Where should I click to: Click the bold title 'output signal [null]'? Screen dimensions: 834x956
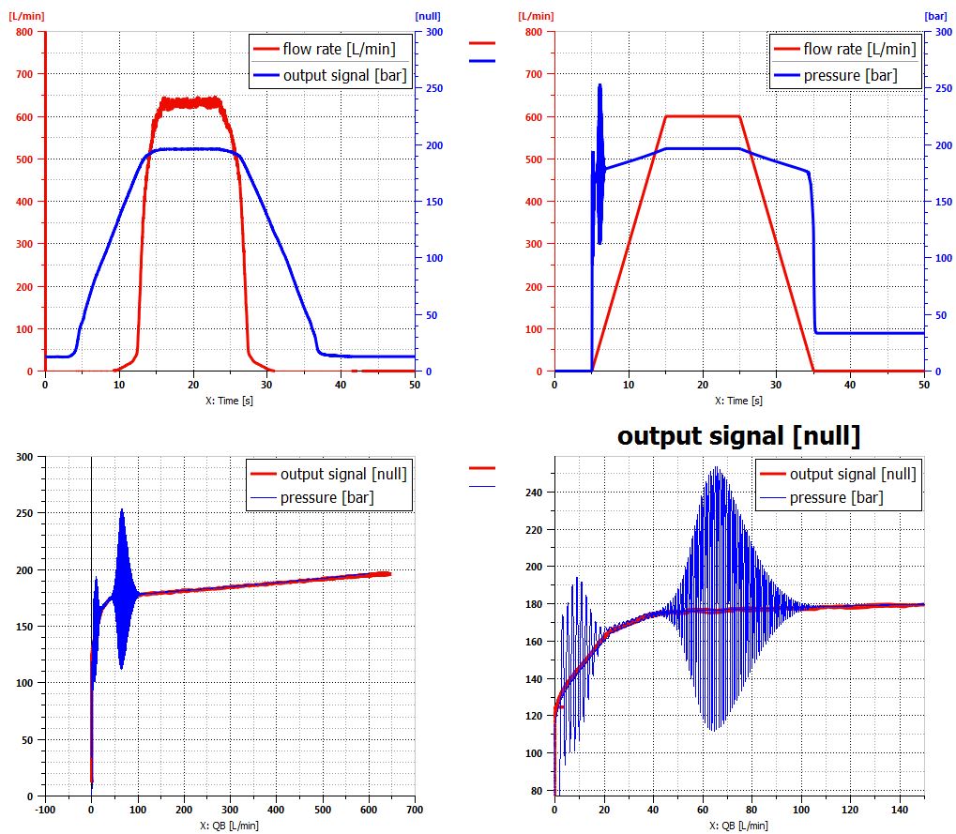739,436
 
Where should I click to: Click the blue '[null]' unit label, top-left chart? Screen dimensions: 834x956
428,16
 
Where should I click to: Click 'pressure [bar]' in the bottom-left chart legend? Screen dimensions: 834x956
326,496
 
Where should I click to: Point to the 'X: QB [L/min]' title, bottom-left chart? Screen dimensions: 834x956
229,826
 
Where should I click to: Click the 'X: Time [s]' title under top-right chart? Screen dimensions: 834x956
738,401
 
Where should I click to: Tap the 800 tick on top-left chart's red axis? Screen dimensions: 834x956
25,31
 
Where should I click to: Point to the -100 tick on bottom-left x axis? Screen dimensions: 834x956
45,809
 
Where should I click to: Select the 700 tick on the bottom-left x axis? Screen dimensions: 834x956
415,809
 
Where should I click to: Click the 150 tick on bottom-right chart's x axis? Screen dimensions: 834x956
922,809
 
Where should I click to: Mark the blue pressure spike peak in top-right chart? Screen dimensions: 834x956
599,84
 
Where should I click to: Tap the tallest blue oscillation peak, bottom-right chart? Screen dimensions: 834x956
717,467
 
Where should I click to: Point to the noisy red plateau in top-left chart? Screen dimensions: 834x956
192,102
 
